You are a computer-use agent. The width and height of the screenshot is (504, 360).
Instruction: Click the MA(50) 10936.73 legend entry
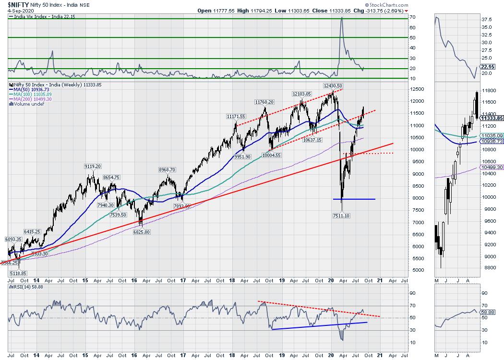point(30,90)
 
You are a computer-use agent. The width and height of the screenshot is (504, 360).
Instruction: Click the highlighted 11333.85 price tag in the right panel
point(490,118)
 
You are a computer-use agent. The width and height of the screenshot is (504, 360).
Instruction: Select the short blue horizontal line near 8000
point(354,199)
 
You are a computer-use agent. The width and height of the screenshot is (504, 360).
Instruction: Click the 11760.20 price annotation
point(264,102)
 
